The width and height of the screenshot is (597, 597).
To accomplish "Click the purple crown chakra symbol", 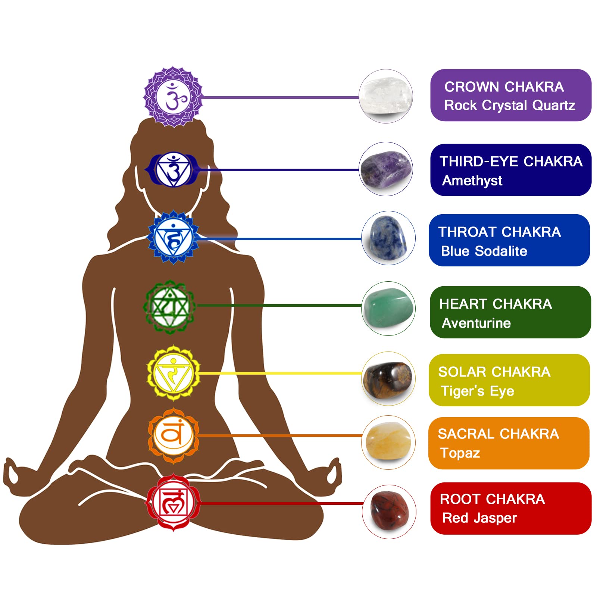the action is point(174,97).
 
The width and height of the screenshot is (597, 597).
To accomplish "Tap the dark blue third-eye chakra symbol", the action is point(173,170).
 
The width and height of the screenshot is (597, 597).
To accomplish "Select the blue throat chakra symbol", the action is point(174,237).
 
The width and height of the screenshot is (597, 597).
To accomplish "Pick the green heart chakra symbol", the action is point(170,307).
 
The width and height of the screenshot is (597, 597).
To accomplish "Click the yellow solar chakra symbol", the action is point(174,373).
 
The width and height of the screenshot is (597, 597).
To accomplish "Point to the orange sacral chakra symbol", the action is point(174,435).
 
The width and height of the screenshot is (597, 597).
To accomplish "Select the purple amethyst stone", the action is point(386,170).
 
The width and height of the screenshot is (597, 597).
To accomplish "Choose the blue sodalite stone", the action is point(388,238).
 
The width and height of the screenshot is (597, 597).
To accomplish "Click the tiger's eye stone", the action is point(388,379).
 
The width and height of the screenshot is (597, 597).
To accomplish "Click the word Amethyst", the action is point(472,181).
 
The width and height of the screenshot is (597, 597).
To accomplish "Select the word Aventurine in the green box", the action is point(476,323).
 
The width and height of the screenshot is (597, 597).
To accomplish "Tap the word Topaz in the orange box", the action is point(460,453).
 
